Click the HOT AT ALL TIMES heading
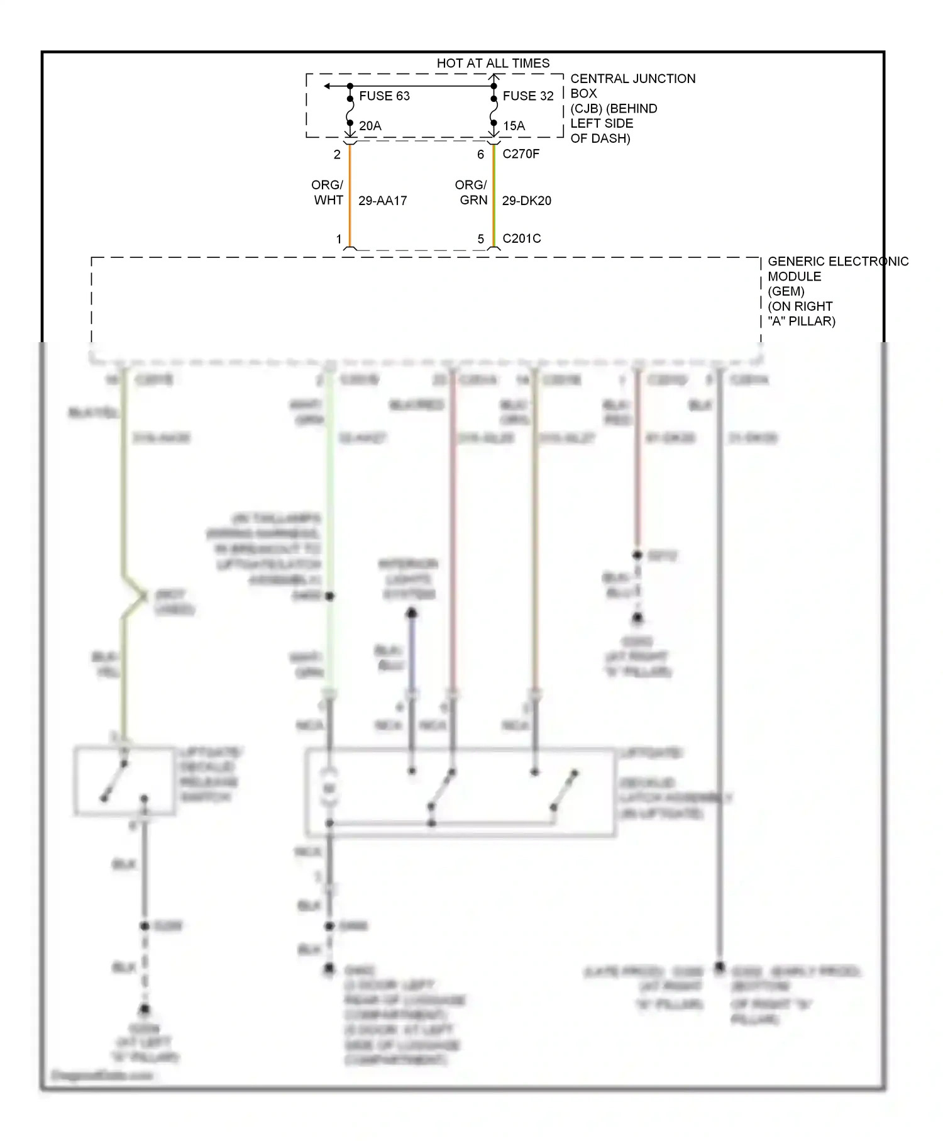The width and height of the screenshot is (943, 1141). coord(493,64)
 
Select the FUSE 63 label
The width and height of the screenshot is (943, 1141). coord(384,96)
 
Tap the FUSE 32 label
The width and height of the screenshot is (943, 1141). coord(528,96)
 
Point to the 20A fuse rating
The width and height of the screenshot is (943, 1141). coord(370,126)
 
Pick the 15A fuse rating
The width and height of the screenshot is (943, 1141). coord(514,126)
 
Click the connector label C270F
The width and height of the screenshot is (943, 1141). coord(521,154)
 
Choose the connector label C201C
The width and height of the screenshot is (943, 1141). coord(521,238)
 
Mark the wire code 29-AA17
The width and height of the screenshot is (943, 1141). coord(382,201)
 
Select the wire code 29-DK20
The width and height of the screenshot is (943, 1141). coord(526,201)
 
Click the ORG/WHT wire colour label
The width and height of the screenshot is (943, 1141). coord(328,192)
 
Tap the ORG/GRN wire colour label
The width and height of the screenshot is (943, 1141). coord(472,192)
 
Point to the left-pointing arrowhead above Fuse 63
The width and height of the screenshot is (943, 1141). coord(328,86)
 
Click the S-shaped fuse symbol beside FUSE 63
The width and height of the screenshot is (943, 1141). coord(350,111)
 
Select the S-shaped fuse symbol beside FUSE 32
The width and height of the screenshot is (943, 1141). coord(494,111)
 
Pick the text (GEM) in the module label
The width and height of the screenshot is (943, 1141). coord(786,291)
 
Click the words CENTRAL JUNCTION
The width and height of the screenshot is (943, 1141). coord(632,79)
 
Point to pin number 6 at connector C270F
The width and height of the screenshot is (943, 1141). coord(480,155)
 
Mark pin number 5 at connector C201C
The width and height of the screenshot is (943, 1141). coord(481,239)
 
